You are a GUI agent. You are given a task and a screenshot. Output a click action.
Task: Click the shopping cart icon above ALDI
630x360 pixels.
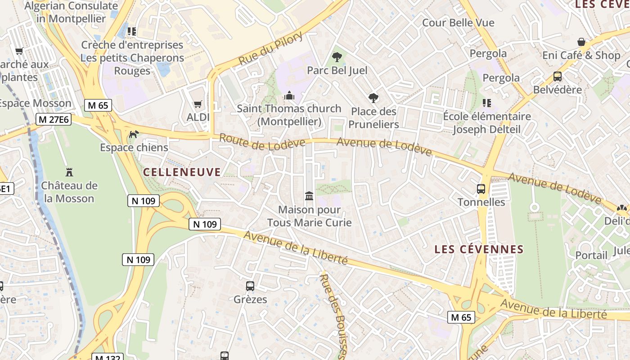pyautogui.click(x=198, y=104)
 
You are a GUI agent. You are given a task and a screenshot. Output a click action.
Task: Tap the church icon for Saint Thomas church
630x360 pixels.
pyautogui.click(x=289, y=95)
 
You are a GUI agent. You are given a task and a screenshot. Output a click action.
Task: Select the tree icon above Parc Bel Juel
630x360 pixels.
pyautogui.click(x=337, y=57)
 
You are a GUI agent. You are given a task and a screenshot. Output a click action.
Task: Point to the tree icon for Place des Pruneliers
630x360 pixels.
pyautogui.click(x=373, y=98)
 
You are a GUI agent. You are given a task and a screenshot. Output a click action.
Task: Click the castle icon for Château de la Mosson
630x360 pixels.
pyautogui.click(x=69, y=172)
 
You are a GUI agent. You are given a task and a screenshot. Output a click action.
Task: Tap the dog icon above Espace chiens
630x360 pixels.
pyautogui.click(x=134, y=134)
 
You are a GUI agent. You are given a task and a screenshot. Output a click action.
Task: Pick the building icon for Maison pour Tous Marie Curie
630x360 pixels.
pyautogui.click(x=309, y=196)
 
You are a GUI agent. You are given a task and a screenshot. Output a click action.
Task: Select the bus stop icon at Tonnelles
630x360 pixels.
pyautogui.click(x=481, y=189)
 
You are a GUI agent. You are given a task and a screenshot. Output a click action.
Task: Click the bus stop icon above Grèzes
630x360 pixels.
pyautogui.click(x=250, y=286)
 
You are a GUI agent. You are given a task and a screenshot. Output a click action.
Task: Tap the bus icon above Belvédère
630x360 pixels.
pyautogui.click(x=558, y=76)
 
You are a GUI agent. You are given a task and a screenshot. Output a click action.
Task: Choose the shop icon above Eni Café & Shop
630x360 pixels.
pyautogui.click(x=581, y=42)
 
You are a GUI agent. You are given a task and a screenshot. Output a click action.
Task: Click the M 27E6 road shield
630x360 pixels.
pyautogui.click(x=54, y=119)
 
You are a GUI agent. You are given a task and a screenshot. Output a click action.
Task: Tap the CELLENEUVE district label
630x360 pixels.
pyautogui.click(x=182, y=172)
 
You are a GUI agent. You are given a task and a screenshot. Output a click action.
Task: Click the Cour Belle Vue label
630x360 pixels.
pyautogui.click(x=458, y=22)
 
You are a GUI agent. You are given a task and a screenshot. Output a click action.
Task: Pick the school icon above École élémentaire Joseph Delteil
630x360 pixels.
pyautogui.click(x=486, y=103)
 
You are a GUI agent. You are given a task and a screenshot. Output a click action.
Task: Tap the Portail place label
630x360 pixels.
pyautogui.click(x=591, y=255)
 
